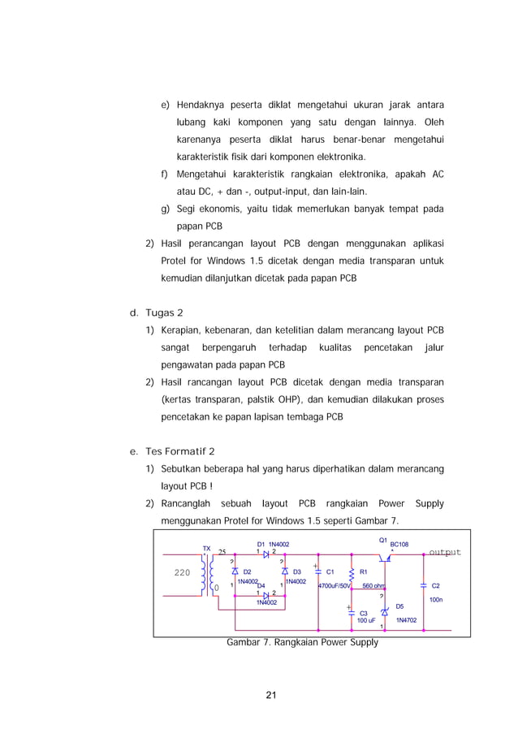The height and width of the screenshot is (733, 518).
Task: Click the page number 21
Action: click(x=270, y=694)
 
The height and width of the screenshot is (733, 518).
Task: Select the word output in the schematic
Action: click(x=444, y=552)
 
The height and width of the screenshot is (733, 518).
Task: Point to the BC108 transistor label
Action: click(x=399, y=545)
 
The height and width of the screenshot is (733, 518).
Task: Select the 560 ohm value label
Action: click(x=373, y=585)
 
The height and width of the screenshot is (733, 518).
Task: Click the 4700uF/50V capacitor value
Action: click(x=334, y=585)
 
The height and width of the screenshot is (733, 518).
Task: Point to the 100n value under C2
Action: click(x=435, y=599)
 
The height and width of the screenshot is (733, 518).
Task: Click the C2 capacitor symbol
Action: click(x=423, y=584)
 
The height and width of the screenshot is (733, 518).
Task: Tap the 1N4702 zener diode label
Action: click(x=407, y=619)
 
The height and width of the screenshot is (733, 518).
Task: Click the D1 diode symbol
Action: click(x=265, y=554)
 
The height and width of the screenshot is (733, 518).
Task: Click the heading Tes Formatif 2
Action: click(x=179, y=451)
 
